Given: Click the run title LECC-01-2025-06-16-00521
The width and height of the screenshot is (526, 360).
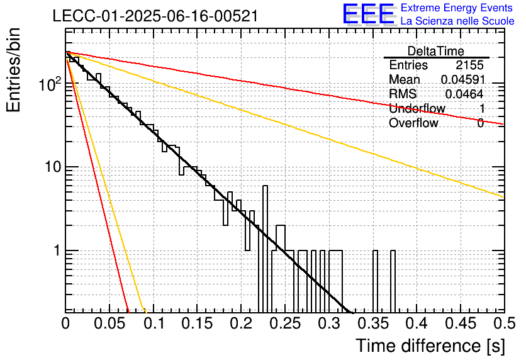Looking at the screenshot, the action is (155, 16).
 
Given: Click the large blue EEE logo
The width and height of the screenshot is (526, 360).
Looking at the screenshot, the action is (368, 14).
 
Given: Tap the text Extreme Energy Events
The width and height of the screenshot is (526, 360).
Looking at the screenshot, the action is (457, 8).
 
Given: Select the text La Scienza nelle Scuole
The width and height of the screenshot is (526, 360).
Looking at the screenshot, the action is (457, 21).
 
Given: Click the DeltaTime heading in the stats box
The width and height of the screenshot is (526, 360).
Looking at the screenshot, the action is (436, 51).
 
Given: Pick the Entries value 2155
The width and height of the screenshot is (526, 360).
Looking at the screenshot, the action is (469, 65).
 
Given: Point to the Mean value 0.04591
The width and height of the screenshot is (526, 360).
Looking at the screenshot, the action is (463, 79).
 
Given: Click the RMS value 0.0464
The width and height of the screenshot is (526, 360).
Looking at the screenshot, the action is (464, 94).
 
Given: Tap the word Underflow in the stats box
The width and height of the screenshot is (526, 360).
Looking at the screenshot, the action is (417, 108).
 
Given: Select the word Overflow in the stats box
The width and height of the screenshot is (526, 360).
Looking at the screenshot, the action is (413, 123).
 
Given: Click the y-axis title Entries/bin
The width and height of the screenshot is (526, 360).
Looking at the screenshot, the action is (13, 70).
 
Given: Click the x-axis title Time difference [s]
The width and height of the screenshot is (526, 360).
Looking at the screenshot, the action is (430, 346).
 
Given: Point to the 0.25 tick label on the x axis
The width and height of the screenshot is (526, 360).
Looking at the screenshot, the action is (286, 323).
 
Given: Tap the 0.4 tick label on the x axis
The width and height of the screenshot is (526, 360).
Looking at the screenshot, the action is (417, 323).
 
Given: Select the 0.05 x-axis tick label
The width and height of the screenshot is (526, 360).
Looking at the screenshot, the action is (109, 323).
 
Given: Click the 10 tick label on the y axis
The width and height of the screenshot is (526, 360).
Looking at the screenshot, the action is (53, 166).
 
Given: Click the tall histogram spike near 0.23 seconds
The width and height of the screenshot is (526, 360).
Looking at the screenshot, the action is (265, 248).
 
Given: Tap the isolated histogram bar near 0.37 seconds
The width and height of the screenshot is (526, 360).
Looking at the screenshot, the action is (393, 281).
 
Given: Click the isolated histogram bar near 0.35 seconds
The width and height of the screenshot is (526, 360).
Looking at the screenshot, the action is (375, 281).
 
